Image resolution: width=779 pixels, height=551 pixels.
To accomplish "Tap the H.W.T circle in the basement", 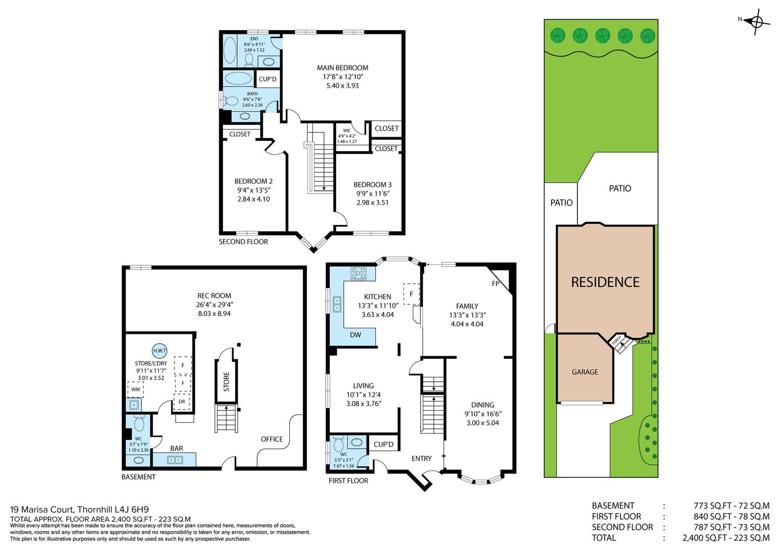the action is tap(159, 351).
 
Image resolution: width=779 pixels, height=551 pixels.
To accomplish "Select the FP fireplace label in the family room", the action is tap(495, 284).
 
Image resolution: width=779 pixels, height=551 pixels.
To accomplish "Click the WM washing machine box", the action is tap(136, 389).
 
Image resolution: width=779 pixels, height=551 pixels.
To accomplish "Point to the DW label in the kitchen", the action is tap(355, 335).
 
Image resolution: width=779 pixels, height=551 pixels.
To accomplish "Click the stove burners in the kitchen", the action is tap(358, 273).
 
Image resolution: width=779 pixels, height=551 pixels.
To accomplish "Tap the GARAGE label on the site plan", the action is tap(585, 372).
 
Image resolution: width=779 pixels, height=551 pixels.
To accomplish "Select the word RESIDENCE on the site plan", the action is tap(605, 282).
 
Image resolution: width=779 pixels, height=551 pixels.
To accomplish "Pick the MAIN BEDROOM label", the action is tap(342, 68).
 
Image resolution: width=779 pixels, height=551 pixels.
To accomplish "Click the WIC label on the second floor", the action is tap(347, 130).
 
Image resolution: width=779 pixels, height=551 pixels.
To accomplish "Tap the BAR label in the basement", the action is tap(177, 448).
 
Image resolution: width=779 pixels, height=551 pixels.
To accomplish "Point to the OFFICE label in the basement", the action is tap(272, 439).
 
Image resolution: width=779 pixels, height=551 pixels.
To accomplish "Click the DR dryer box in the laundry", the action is tap(182, 402).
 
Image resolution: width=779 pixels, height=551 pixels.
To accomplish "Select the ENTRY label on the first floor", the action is tap(422, 459).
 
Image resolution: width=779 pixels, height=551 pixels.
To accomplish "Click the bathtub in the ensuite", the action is tap(229, 50).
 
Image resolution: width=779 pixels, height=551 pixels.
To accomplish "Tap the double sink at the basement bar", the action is tap(176, 460).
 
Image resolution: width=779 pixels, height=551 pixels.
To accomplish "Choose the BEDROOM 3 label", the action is tap(372, 185).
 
